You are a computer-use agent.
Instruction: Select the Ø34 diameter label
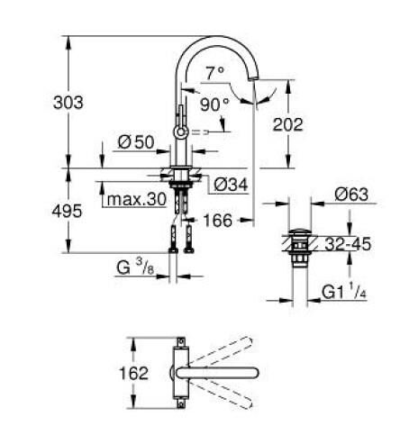pos(232,186)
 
